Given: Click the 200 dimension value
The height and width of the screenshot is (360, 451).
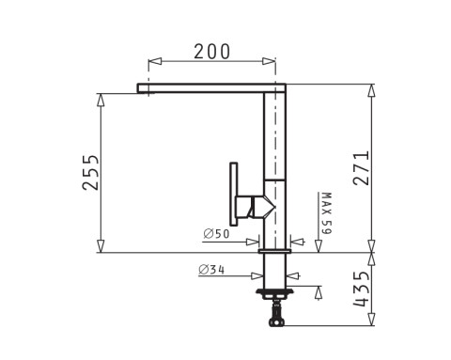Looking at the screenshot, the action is coord(212,52).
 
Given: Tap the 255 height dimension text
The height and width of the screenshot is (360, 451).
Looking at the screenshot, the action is coord(90,172).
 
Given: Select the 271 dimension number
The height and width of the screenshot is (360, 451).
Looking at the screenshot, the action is coord(361,168).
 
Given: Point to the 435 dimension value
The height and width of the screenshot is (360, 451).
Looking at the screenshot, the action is coord(361,289).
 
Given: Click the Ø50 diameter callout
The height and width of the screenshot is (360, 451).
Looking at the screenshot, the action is coord(216,234).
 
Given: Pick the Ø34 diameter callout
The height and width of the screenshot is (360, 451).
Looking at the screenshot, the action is coord(211,270).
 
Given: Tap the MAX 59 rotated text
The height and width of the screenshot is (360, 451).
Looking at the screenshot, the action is coord(326,213).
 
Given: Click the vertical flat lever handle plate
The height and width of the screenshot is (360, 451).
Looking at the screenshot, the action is coord(234,194).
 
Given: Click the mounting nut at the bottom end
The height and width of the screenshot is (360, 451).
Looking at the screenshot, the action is coord(276,322).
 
